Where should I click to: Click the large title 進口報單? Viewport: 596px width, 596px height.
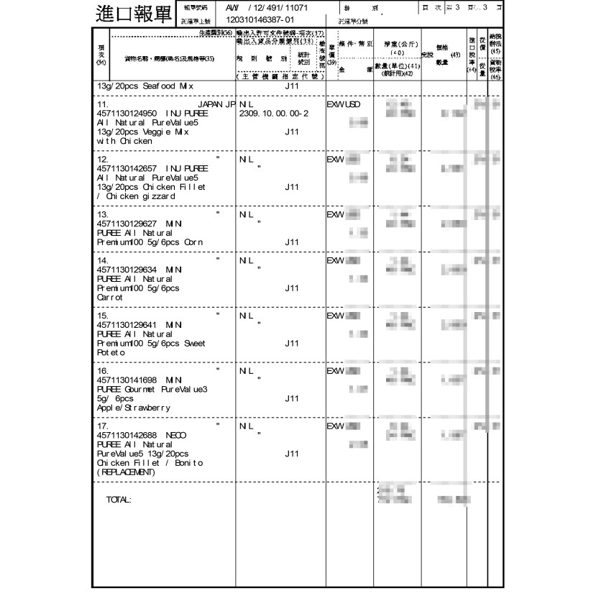click(x=134, y=13)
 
